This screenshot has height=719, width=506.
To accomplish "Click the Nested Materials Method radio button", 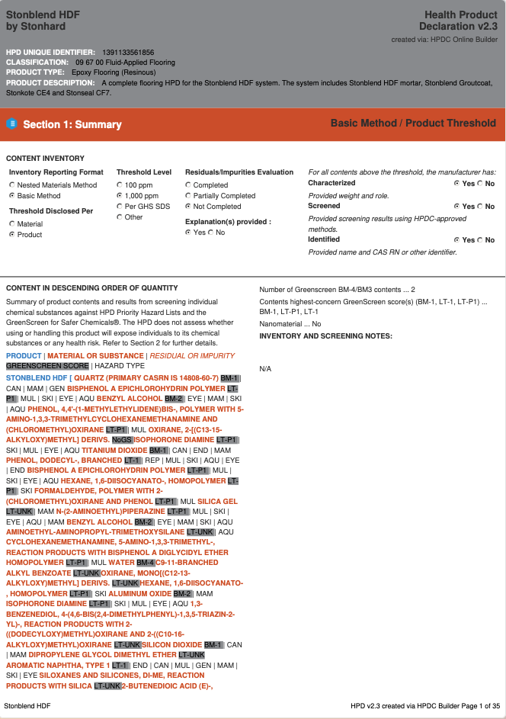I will pos(12,185).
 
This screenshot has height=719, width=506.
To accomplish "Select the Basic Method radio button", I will pos(12,196).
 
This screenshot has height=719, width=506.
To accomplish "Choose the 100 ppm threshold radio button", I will pos(120,185).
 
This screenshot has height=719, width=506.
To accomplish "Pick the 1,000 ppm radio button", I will pos(120,196).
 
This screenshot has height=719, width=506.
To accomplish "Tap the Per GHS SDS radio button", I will pos(120,207).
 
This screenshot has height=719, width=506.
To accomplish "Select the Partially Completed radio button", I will pos(188,196).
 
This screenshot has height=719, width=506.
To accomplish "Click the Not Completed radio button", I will pos(188,207).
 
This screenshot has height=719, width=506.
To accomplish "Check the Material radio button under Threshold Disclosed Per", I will pos(12,224).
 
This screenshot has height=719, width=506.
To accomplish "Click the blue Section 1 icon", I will pos(11,124).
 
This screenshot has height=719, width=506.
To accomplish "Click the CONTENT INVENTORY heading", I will pos(45,159).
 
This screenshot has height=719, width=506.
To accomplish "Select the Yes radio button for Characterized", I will pos(456,184).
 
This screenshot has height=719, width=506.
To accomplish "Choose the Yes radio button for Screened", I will pos(456,207).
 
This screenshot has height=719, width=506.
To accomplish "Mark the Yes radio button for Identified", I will pos(456,240).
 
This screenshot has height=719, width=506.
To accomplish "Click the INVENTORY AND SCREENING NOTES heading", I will pos(325,336).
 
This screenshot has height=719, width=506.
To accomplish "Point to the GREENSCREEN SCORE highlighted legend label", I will pos(47,366).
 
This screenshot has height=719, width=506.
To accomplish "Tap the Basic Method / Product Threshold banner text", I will pos(413,124).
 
